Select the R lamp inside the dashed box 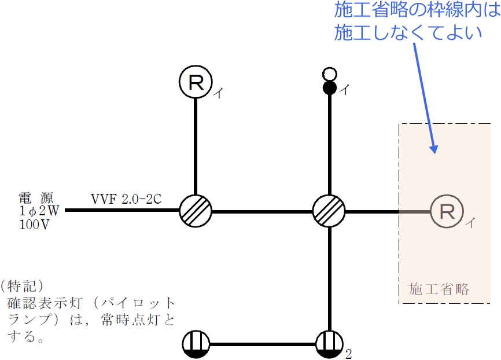point(447,211)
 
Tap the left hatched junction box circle point(196,211)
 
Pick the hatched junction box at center point(329,211)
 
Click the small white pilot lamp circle point(329,74)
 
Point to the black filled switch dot point(329,88)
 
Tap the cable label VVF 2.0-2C point(126,199)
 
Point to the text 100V point(34,224)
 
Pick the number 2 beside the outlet point(348,354)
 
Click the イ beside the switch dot point(344,90)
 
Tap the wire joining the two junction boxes point(262,211)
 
